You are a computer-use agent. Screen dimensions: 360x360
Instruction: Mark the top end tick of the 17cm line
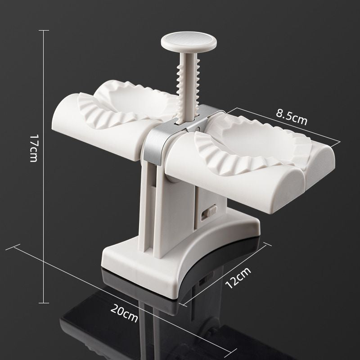[x=44, y=30]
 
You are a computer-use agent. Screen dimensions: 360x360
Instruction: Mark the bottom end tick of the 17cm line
[x=44, y=303]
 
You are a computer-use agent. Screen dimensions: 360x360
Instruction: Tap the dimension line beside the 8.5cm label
[x=288, y=126]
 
